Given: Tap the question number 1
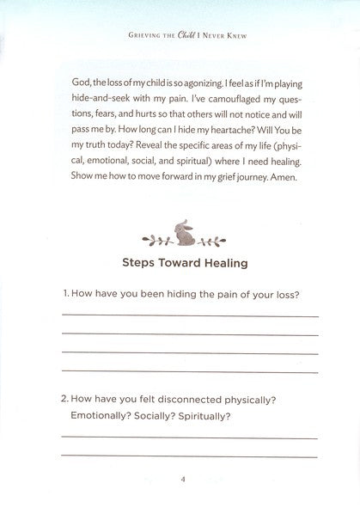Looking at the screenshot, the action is (x=64, y=296).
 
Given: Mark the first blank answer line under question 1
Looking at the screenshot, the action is (x=189, y=317).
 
